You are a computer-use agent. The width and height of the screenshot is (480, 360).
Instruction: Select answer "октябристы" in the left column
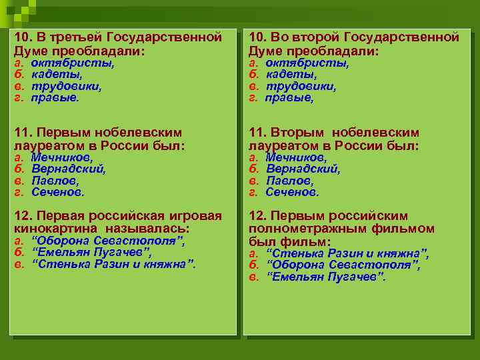72,63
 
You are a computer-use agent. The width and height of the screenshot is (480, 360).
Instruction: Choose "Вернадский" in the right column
303,169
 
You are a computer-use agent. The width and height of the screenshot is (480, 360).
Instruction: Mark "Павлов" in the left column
55,181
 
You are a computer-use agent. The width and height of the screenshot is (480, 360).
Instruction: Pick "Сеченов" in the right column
292,192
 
